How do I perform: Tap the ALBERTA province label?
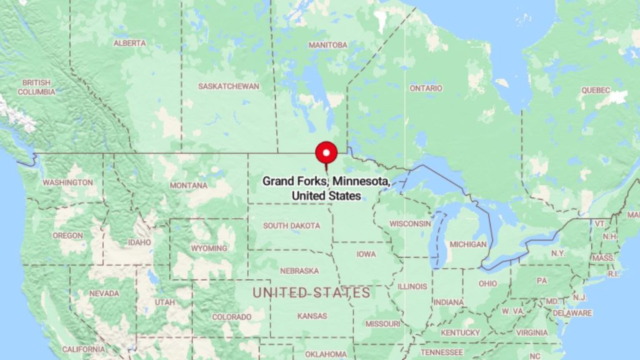click(x=130, y=43)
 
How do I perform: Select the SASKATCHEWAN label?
click(x=229, y=86)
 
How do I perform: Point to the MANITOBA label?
click(x=328, y=45)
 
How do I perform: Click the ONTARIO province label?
click(x=426, y=89)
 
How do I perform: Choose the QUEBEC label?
click(x=595, y=90)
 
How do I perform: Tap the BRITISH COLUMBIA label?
click(x=36, y=87)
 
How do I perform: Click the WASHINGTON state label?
click(x=67, y=182)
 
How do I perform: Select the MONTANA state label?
click(x=188, y=186)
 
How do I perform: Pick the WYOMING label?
click(x=209, y=248)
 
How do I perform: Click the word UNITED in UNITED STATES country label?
click(x=280, y=292)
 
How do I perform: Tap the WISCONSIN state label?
click(x=411, y=223)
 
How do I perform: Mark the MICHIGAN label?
click(x=468, y=244)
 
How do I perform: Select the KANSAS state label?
click(x=312, y=316)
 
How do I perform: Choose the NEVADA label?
click(x=104, y=293)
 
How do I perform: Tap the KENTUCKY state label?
click(x=461, y=332)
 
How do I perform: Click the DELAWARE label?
click(x=572, y=313)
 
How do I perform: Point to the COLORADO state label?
click(x=231, y=317)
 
